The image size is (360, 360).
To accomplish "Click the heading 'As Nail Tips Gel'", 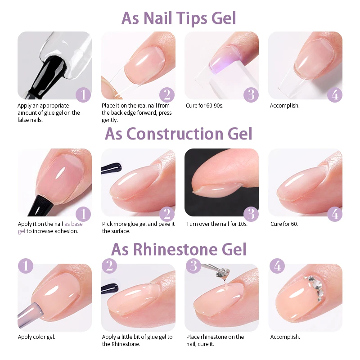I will tap(179, 18).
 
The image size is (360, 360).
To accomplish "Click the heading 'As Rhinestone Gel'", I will tap(179, 249).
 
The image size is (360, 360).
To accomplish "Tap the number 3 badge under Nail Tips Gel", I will tap(251, 95).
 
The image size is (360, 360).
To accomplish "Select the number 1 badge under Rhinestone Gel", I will tap(26, 265).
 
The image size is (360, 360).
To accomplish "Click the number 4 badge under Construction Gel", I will tap(334, 213).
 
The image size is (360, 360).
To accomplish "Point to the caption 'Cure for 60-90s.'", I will tap(205, 106).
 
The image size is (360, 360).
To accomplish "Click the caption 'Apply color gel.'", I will tap(36, 337).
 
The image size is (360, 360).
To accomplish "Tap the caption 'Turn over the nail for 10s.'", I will tap(217, 224).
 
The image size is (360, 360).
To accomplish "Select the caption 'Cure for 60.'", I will tap(284, 224).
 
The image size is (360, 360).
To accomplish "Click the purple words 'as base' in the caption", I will tap(73, 224).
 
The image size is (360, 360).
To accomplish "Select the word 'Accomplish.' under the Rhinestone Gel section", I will tap(285, 337).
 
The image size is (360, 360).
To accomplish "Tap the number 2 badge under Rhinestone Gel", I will tap(109, 265).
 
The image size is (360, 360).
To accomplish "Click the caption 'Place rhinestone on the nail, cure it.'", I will tap(215, 340).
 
